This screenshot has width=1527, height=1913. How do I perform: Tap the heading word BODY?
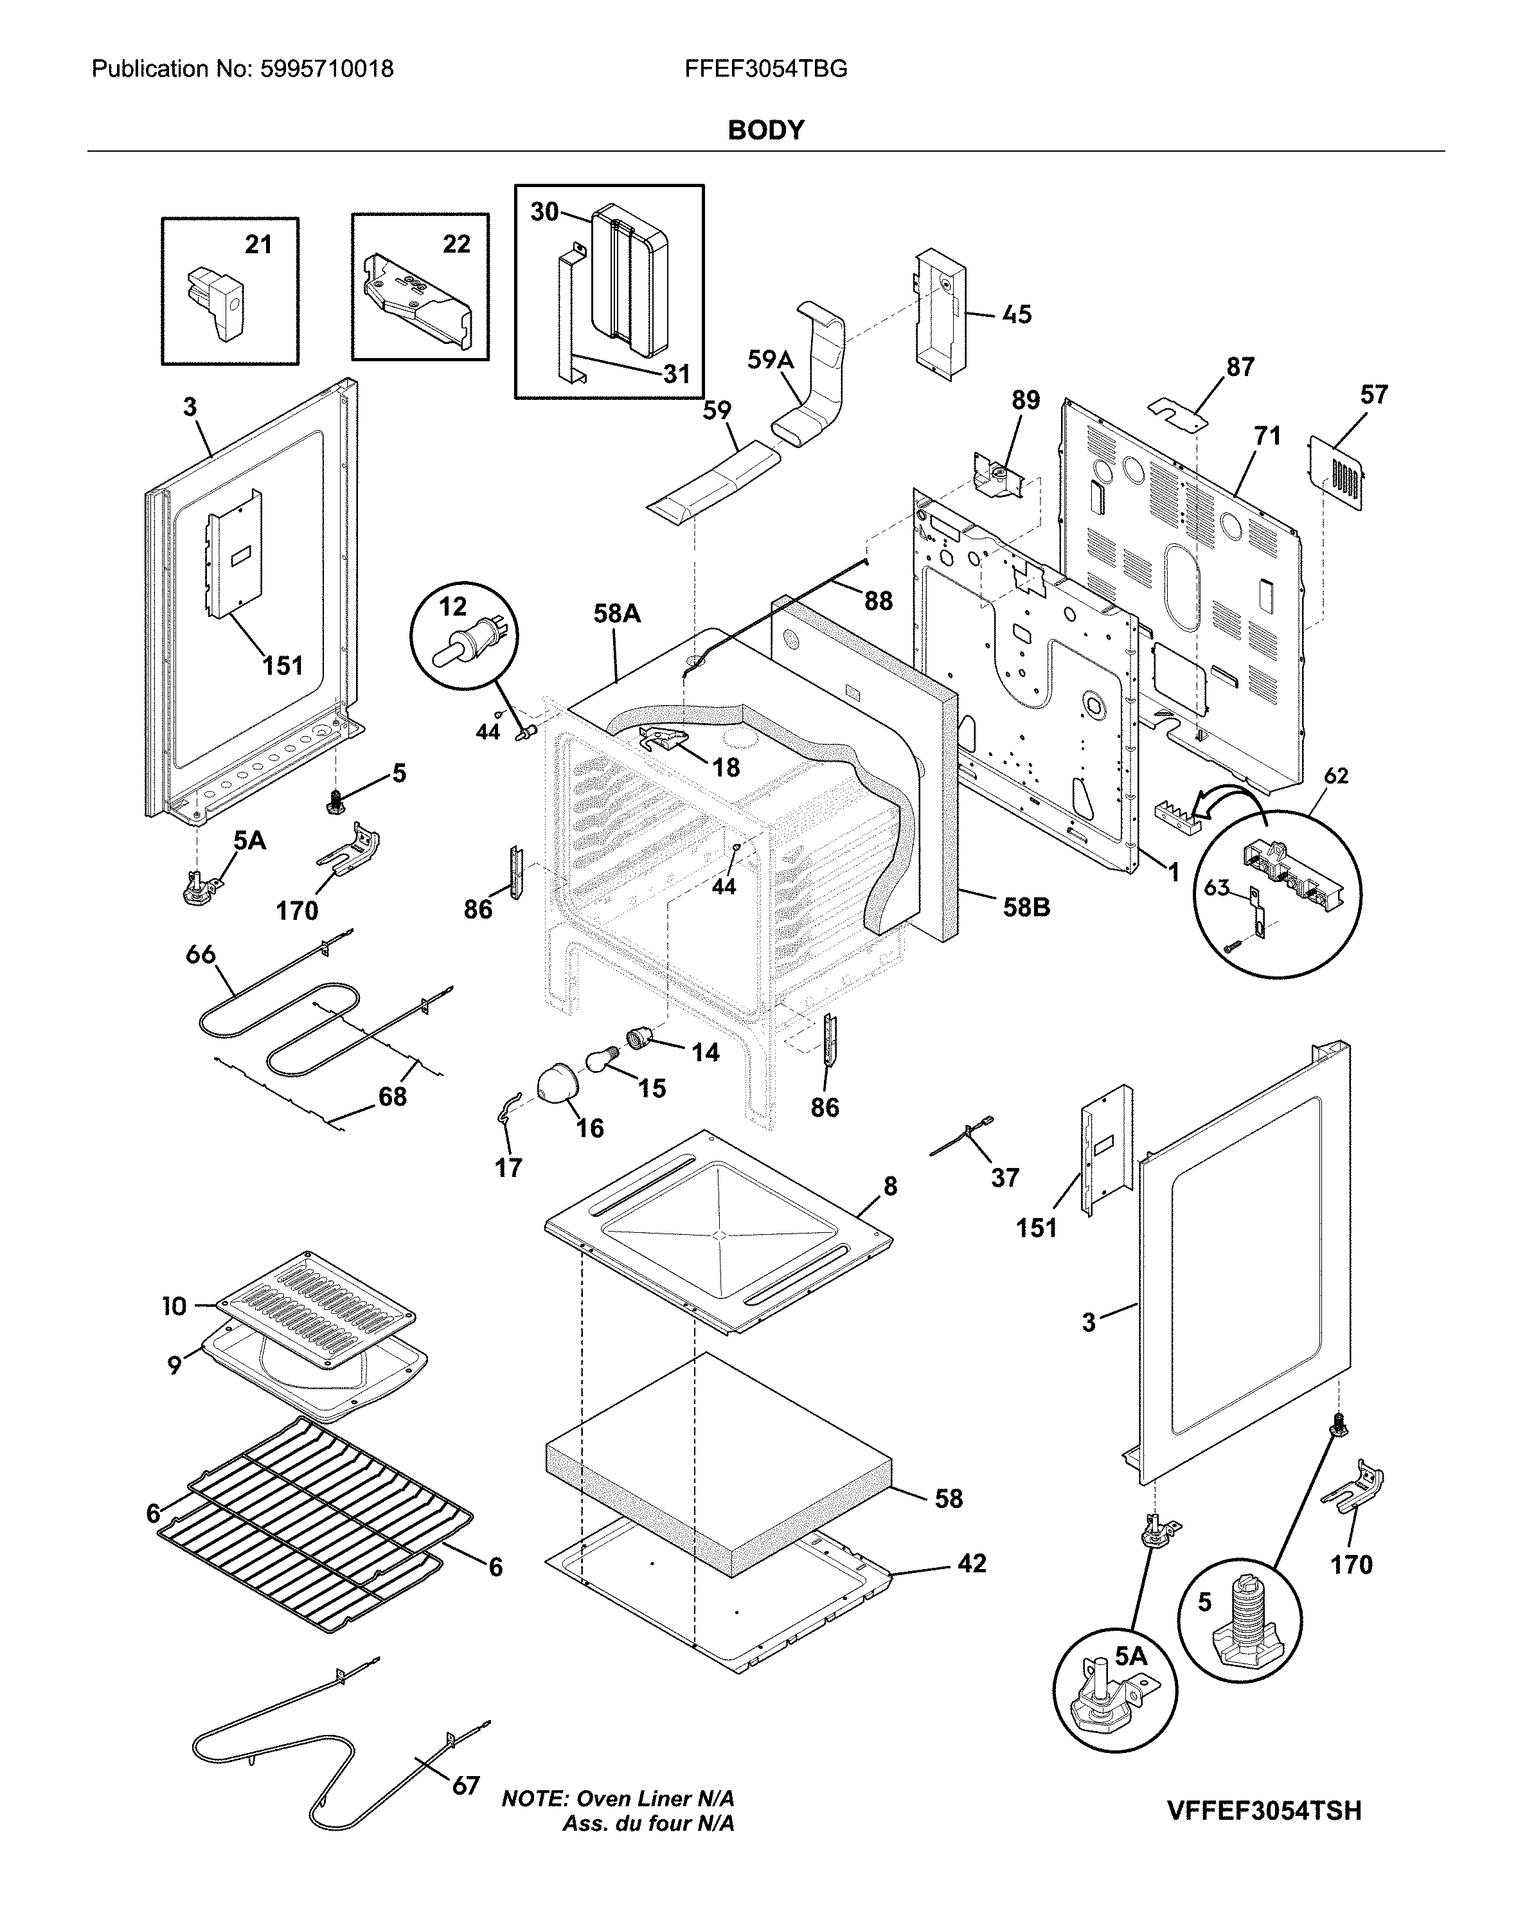click(765, 130)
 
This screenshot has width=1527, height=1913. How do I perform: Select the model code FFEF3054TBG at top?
click(765, 69)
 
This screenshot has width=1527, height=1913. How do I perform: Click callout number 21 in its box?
click(258, 245)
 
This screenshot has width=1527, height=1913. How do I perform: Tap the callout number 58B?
click(1026, 907)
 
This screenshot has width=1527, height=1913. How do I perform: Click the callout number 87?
click(1240, 366)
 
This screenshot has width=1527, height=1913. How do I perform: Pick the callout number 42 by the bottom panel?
click(972, 1563)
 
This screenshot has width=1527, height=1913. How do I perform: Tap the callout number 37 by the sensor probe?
click(1005, 1178)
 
